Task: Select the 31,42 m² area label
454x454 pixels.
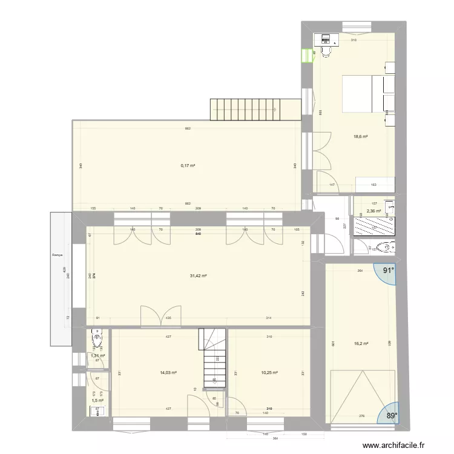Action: [199, 276]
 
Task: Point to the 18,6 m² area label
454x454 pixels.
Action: [361, 137]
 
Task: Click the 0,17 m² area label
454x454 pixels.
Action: [187, 165]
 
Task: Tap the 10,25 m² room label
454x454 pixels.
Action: [268, 372]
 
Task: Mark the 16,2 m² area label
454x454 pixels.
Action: [361, 344]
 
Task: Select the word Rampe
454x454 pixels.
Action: [58, 255]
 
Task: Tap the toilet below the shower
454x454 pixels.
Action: [382, 247]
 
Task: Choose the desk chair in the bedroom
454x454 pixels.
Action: [327, 53]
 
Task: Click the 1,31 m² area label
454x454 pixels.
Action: [97, 356]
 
